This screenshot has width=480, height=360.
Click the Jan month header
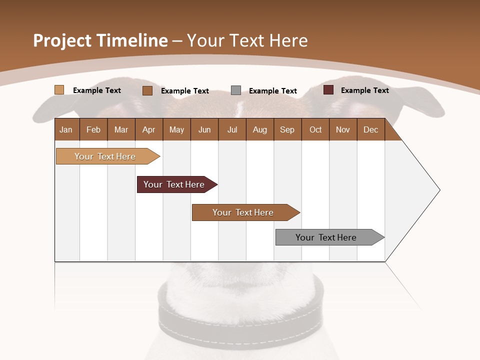point(66,129)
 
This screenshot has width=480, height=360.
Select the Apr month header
point(149,129)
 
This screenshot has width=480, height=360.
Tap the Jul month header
point(232,129)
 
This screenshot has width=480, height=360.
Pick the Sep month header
point(287,129)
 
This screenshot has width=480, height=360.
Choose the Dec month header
point(370,129)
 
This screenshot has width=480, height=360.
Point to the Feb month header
point(93,129)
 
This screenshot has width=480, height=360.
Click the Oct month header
point(315,129)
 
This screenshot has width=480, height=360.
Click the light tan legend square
point(59,90)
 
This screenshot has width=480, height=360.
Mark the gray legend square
point(236,90)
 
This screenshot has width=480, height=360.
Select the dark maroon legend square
point(328,90)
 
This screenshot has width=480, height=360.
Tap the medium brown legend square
point(147,90)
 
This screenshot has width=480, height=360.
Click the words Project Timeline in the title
point(100,40)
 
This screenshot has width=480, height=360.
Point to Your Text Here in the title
point(247,40)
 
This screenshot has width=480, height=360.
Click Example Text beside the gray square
point(272,91)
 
